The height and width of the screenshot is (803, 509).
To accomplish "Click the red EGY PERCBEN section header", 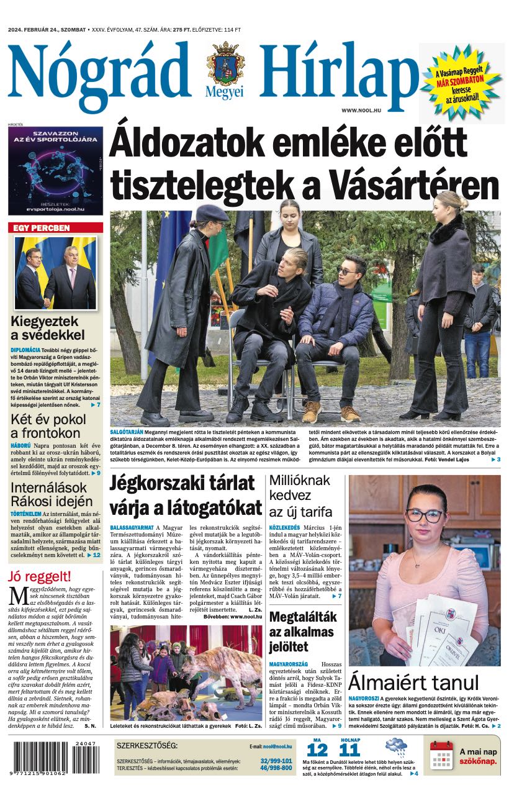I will (42, 228).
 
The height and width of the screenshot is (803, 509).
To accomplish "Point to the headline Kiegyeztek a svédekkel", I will (47, 329).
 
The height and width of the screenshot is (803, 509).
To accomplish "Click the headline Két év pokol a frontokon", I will (45, 426).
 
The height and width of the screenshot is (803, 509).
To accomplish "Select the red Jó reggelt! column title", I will (40, 576).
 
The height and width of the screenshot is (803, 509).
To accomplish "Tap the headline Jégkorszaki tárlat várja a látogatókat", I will (186, 495).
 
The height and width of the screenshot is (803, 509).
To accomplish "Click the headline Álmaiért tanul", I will (413, 683).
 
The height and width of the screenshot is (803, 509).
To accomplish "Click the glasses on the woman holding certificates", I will (425, 514).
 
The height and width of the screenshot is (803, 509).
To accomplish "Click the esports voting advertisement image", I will (55, 170).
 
